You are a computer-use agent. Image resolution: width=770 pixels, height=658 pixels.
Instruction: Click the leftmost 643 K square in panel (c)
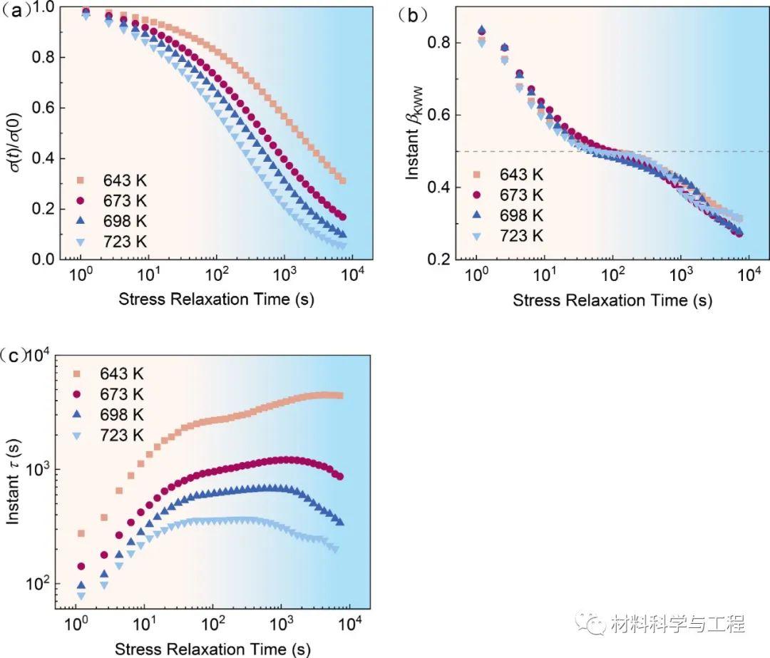[x=81, y=533]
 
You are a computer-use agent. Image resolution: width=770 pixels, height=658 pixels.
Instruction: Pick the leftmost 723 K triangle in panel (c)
[x=81, y=595]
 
